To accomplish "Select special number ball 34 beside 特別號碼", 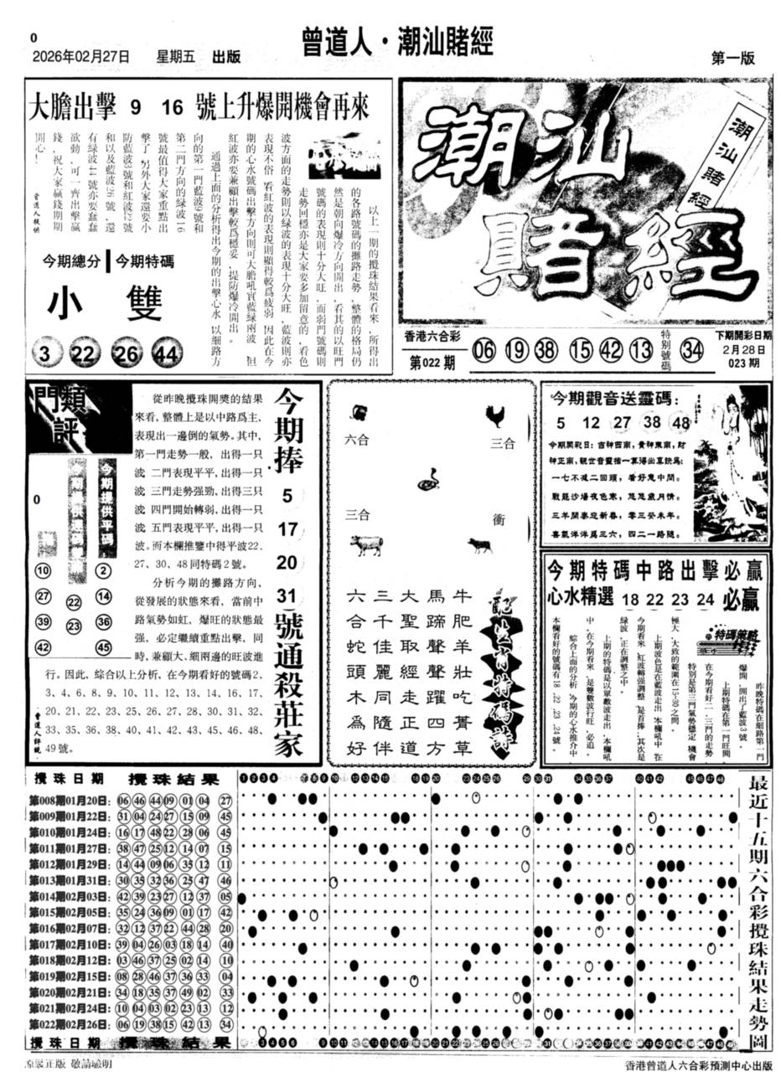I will click(x=692, y=349).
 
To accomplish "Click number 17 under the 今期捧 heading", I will click(x=287, y=529).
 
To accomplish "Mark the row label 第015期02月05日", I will click(x=71, y=912).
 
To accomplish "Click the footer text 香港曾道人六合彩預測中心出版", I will click(x=697, y=1066).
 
